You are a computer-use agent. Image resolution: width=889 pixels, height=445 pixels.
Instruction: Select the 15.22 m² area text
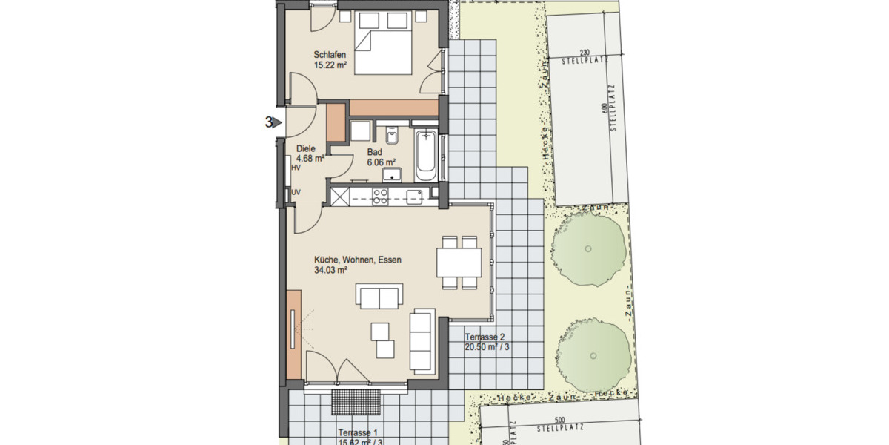[x=331, y=65]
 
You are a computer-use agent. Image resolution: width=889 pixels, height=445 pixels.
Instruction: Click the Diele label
[x=305, y=148]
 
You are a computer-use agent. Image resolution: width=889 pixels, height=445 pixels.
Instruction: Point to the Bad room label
[x=375, y=151]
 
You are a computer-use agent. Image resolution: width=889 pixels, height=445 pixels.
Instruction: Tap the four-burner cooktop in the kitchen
[x=381, y=196]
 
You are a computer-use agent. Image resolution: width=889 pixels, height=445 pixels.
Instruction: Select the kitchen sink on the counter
[x=414, y=196]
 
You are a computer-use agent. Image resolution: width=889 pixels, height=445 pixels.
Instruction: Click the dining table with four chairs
[x=459, y=262]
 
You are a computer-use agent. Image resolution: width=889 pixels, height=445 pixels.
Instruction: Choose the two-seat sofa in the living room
[x=379, y=298]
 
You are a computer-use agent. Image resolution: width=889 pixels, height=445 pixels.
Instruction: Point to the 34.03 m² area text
[x=331, y=271]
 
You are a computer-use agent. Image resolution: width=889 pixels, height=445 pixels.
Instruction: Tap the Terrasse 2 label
[x=485, y=337]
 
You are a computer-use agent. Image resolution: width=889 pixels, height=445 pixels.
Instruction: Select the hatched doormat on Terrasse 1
[x=356, y=402]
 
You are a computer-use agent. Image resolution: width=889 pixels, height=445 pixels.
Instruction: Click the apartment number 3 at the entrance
[x=268, y=122]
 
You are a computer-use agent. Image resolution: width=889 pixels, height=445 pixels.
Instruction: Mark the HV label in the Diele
[x=296, y=168]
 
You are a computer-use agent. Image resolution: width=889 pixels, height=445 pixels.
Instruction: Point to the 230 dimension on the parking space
[x=584, y=52]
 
